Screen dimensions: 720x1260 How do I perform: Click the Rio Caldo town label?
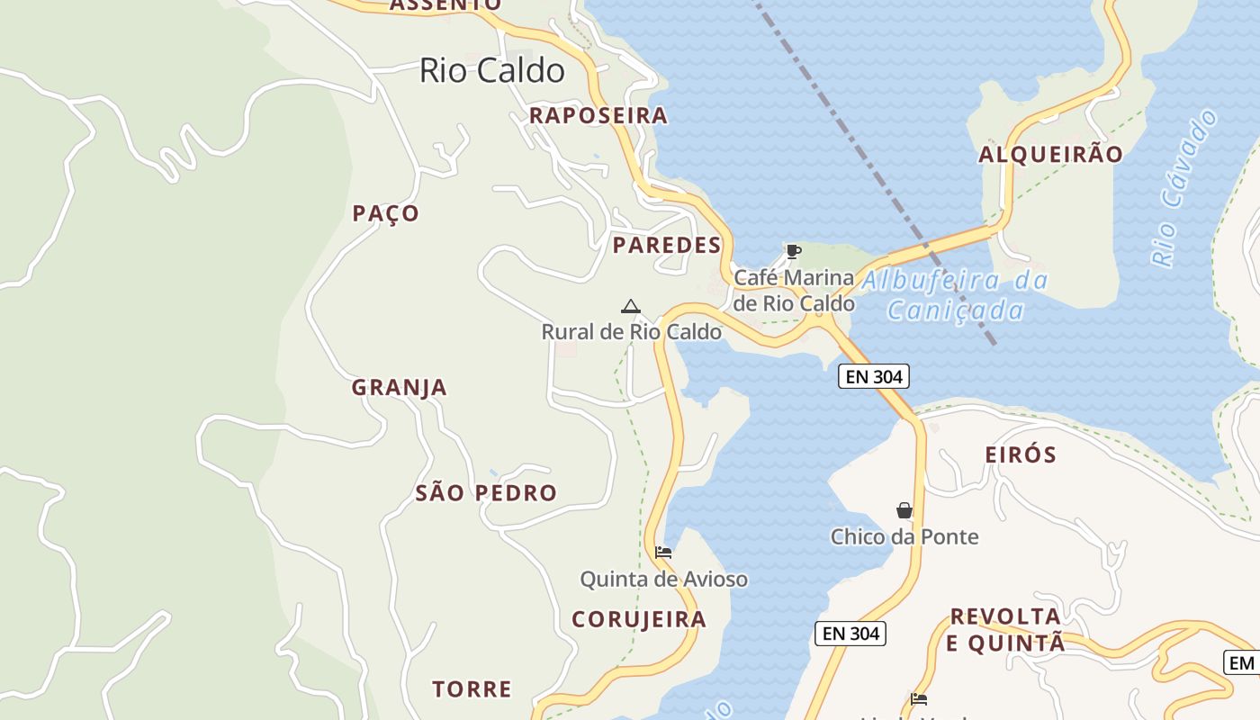click(492, 70)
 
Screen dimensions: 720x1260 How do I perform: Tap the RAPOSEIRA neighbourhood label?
click(598, 115)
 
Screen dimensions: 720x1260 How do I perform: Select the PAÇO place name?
click(386, 213)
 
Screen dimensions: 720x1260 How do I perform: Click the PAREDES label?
click(667, 245)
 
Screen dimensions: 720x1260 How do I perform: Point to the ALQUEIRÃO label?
click(1051, 154)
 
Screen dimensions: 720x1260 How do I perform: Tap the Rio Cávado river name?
click(1183, 188)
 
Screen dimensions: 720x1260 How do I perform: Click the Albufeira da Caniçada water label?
click(955, 295)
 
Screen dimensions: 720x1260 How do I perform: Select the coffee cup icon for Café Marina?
click(793, 251)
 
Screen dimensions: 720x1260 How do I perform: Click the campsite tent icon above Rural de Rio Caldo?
click(631, 306)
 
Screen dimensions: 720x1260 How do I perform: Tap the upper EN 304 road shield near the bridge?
click(874, 376)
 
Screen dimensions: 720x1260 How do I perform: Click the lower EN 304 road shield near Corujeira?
click(850, 634)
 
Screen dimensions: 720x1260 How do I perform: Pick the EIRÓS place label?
click(1021, 454)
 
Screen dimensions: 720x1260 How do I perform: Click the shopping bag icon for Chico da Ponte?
click(904, 510)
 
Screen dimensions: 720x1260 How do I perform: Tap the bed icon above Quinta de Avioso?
click(663, 552)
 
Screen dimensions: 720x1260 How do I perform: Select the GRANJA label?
click(399, 387)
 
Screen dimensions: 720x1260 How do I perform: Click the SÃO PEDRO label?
click(486, 492)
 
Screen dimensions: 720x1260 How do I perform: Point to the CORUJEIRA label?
click(639, 619)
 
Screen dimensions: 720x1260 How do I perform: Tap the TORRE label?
click(472, 689)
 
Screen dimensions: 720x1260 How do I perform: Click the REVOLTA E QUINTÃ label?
click(1005, 629)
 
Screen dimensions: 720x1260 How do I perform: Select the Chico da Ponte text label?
click(904, 536)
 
